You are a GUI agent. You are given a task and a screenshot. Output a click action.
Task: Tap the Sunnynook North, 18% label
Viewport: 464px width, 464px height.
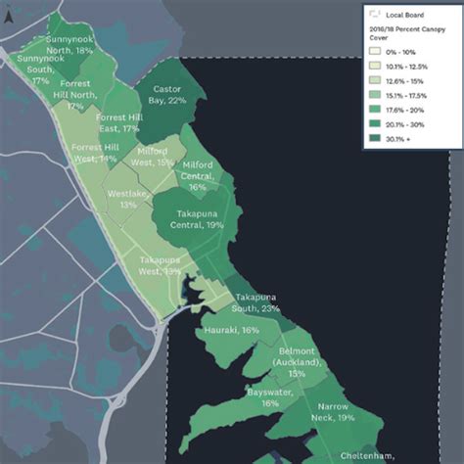click(70, 44)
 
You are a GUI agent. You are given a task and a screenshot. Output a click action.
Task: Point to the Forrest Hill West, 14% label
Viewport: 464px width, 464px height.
click(95, 153)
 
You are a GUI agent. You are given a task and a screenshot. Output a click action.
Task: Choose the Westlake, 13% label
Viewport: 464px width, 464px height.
click(128, 200)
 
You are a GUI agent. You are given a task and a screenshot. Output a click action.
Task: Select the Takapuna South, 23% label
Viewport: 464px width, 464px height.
click(256, 302)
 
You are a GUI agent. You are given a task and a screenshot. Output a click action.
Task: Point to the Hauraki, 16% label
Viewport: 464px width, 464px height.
click(232, 331)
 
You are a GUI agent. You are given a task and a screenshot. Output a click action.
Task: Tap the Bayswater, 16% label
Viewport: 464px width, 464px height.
click(270, 396)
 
